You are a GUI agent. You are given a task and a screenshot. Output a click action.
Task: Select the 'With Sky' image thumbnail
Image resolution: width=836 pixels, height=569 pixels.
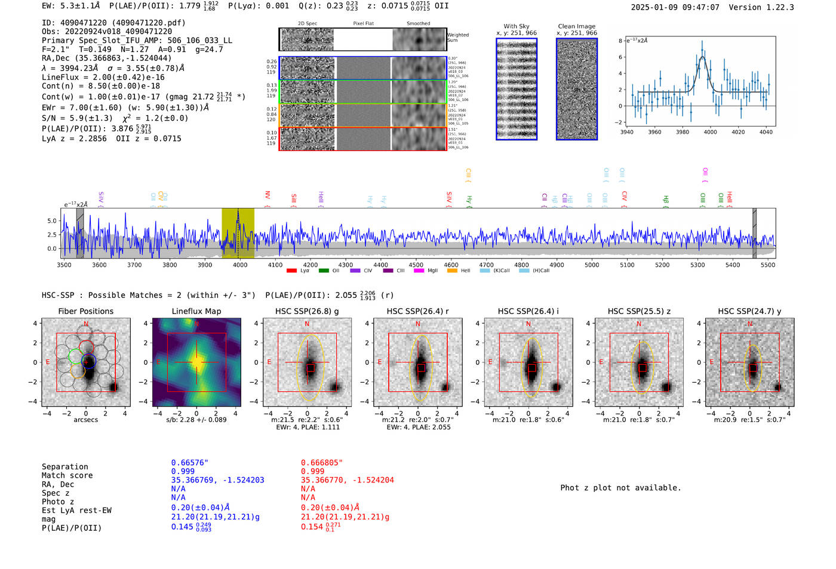click(x=517, y=90)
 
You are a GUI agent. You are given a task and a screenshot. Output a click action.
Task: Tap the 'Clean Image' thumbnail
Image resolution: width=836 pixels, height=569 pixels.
click(x=577, y=90)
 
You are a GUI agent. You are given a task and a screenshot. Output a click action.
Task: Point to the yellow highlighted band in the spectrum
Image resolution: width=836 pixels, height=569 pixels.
click(x=238, y=233)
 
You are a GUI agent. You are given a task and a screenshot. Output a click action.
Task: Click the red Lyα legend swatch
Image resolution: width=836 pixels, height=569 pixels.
click(x=291, y=271)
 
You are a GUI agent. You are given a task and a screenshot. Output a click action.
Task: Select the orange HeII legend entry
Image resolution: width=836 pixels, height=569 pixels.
click(x=459, y=271)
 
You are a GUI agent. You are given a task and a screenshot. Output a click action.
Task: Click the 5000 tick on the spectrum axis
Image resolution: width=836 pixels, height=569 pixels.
click(x=592, y=265)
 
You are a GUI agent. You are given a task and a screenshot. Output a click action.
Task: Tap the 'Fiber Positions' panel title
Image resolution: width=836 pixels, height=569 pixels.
click(x=85, y=311)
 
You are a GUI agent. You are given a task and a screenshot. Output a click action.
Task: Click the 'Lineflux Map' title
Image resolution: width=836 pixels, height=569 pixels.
click(x=196, y=311)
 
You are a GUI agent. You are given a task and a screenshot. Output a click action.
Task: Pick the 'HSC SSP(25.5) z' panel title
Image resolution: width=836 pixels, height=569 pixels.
click(x=639, y=311)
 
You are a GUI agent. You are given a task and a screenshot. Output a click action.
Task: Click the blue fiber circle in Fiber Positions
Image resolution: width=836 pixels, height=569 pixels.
click(x=89, y=361)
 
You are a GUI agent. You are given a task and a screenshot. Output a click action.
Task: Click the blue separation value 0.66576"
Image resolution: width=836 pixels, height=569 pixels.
click(x=190, y=463)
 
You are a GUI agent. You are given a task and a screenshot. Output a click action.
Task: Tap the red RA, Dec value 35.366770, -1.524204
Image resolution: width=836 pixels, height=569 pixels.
click(x=347, y=480)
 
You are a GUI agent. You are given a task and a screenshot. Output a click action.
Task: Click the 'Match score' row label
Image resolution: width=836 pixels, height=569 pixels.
click(x=67, y=475)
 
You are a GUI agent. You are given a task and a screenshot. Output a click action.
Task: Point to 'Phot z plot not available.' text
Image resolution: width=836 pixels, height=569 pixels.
click(x=620, y=488)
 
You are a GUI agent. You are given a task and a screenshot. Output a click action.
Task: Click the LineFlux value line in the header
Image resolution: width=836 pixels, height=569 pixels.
click(x=103, y=77)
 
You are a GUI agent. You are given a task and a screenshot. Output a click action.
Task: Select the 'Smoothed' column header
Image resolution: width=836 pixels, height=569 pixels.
click(x=418, y=24)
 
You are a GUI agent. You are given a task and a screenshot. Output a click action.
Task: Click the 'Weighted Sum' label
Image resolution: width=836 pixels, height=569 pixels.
click(x=457, y=38)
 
